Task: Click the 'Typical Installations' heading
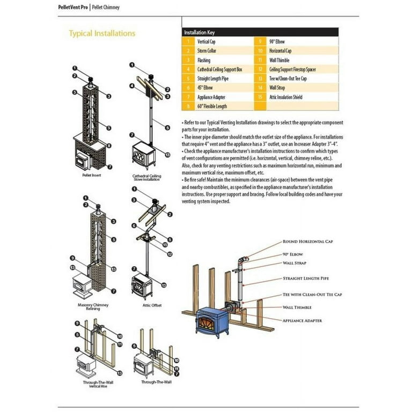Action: [x=102, y=33]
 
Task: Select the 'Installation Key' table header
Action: [x=199, y=32]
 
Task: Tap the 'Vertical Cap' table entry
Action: [x=207, y=41]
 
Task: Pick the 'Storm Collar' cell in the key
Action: [x=208, y=51]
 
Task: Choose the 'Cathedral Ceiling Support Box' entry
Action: [x=220, y=69]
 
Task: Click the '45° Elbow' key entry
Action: [x=205, y=88]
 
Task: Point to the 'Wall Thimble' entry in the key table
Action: [x=280, y=60]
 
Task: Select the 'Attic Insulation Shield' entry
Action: [x=285, y=97]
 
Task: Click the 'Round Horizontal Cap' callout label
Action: [x=307, y=242]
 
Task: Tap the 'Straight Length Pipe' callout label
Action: [x=306, y=278]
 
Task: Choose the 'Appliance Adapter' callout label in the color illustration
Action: [x=303, y=320]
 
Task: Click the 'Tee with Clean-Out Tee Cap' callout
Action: [x=312, y=295]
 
